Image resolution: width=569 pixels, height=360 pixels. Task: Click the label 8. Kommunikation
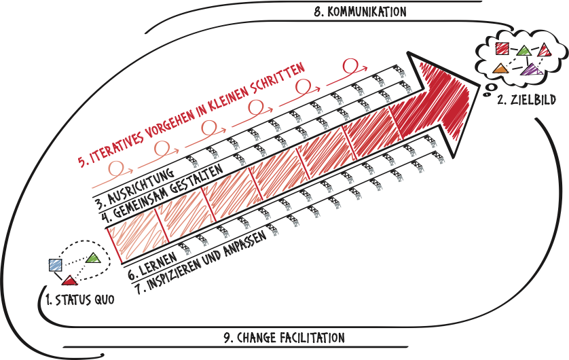[x=361, y=12]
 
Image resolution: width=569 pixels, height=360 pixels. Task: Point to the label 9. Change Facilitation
[x=284, y=337]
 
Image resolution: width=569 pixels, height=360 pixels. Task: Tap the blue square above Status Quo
[x=56, y=266]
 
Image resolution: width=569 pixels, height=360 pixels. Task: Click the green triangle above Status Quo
[x=93, y=257]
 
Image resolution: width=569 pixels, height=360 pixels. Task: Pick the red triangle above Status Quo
[x=70, y=278]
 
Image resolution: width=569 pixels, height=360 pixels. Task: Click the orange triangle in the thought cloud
[x=500, y=68]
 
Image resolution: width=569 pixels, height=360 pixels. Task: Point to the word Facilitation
[x=310, y=337]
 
